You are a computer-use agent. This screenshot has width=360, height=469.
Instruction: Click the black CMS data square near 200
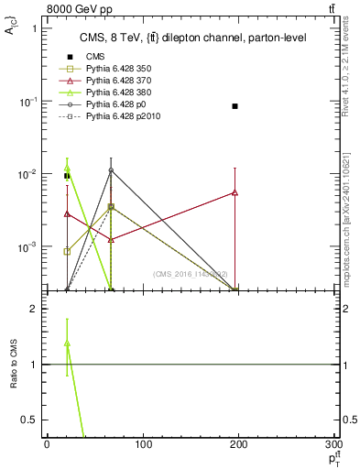click(x=235, y=106)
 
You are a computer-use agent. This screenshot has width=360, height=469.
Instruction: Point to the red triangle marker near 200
click(x=235, y=192)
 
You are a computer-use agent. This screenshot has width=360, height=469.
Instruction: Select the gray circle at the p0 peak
click(x=111, y=170)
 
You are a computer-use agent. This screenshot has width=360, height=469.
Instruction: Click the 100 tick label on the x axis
click(x=143, y=445)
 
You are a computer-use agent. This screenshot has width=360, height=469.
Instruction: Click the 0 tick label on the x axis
click(x=47, y=445)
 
